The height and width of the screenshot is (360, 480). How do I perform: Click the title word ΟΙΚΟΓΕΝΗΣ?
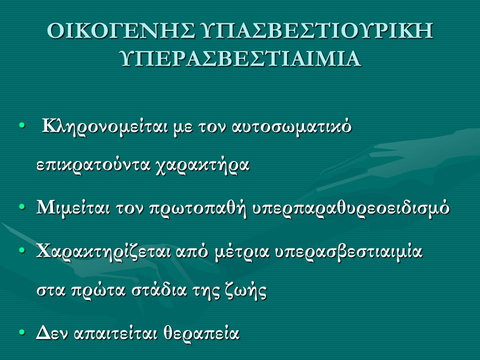[x=121, y=30]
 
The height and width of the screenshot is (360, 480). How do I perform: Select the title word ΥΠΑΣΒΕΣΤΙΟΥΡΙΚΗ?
[x=318, y=30]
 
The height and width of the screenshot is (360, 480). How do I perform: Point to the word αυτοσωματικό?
[x=291, y=126]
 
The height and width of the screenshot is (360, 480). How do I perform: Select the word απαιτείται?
[x=115, y=333]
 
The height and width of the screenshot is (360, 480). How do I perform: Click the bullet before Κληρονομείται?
[x=21, y=125]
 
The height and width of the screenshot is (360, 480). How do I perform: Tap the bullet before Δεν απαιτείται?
[x=21, y=332]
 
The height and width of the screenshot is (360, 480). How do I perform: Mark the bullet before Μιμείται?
[x=21, y=207]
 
